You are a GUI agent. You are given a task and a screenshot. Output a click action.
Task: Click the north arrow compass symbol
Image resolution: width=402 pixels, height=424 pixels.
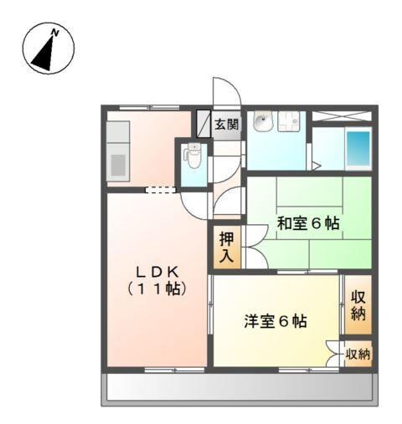point(48,49)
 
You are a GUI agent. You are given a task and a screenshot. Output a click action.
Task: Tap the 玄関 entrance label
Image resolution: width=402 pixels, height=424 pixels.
point(226,125)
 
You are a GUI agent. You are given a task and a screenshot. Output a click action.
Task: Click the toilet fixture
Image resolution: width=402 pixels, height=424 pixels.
point(193,156)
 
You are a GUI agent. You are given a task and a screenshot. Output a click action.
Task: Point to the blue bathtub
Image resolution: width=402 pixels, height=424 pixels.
point(358,149)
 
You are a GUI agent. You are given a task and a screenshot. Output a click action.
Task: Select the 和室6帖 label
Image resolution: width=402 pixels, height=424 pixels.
point(308,223)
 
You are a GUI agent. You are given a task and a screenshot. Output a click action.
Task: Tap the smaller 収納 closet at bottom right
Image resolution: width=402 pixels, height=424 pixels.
point(358,354)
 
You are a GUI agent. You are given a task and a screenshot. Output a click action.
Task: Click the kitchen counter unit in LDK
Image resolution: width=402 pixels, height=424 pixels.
point(117,151)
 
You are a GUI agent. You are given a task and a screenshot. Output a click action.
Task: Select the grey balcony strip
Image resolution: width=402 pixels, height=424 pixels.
point(238,388)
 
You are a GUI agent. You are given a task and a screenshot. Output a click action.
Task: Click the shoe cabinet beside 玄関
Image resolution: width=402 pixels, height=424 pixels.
point(203,124)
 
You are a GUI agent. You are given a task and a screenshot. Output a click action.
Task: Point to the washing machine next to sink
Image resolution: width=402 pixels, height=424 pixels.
point(291,123)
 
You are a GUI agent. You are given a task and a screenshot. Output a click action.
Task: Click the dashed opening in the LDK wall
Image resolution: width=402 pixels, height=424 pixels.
point(161,191)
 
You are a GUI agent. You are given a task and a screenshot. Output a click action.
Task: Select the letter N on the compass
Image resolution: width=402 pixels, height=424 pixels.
point(55,33)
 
